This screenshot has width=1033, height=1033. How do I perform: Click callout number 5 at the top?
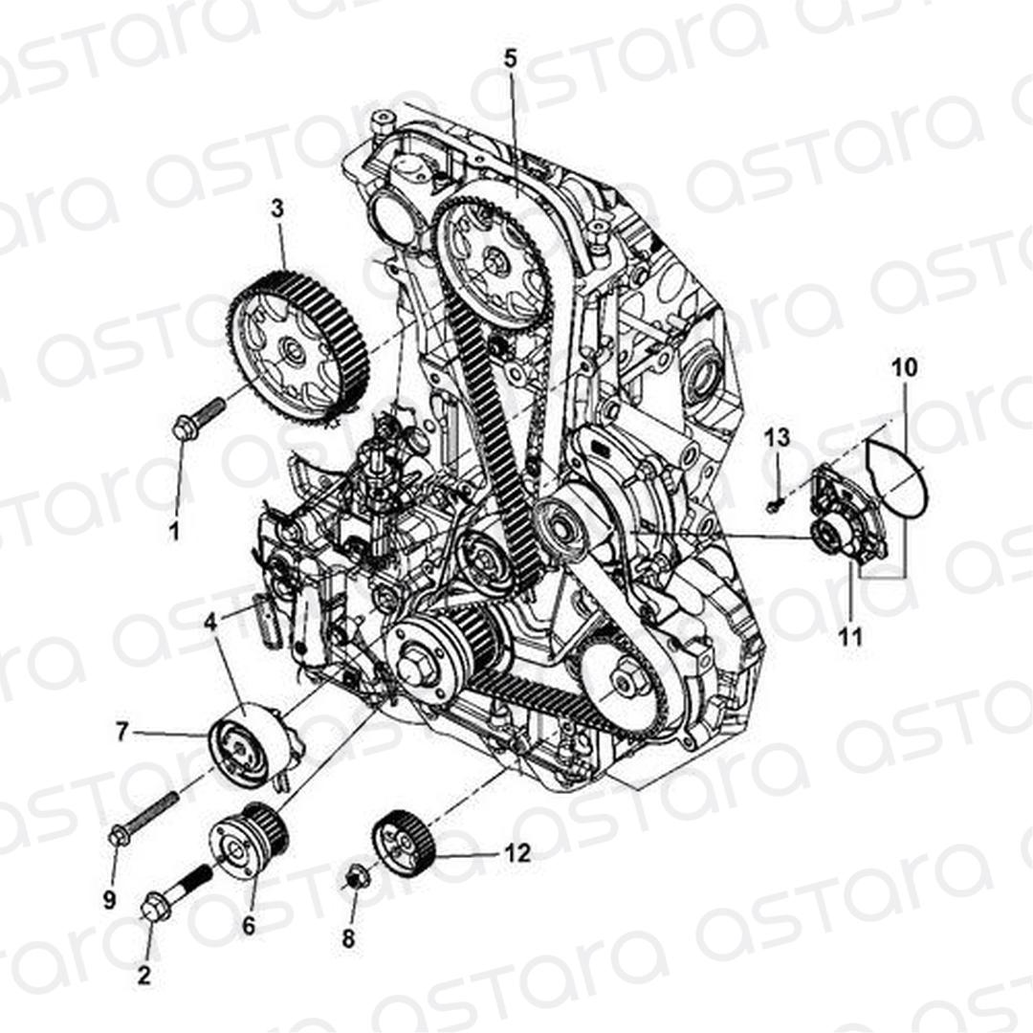tap(511, 58)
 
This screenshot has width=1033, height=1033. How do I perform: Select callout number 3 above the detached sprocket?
tap(277, 209)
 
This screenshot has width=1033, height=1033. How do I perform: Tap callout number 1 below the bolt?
tap(175, 531)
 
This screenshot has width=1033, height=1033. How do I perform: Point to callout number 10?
tap(904, 368)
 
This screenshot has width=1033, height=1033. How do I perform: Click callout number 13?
tap(778, 437)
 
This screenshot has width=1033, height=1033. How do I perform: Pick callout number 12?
tap(516, 853)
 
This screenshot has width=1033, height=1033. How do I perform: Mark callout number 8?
tap(348, 938)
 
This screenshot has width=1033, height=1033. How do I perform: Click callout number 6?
tap(249, 926)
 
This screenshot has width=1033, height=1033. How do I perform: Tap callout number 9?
tap(109, 899)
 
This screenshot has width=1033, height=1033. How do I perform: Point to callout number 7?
tap(121, 732)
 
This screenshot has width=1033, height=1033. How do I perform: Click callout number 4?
tap(210, 622)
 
